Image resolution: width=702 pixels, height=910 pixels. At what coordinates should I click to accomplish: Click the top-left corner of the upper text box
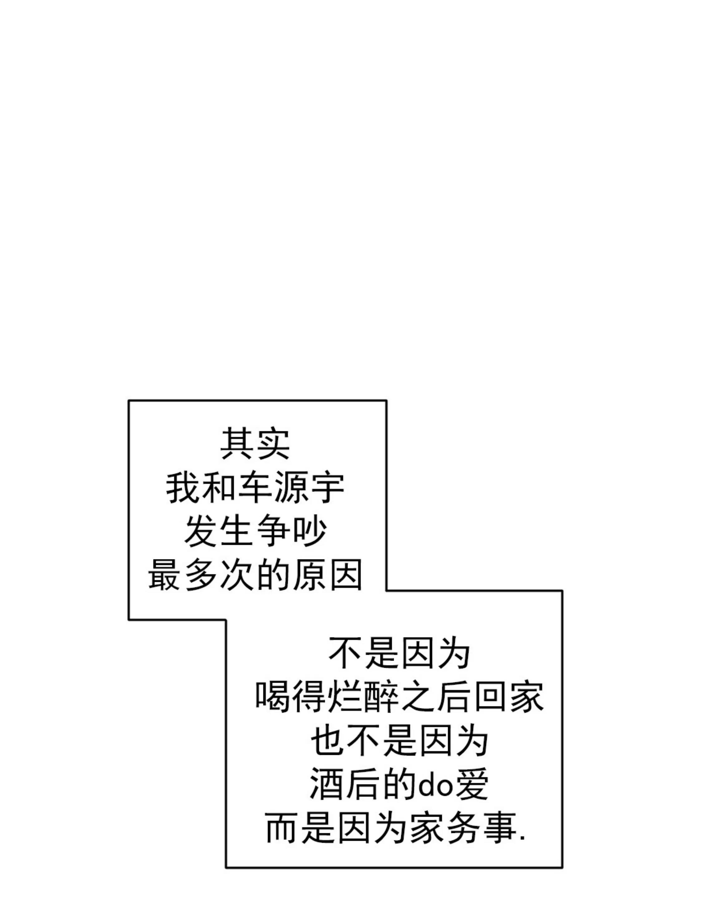(x=129, y=401)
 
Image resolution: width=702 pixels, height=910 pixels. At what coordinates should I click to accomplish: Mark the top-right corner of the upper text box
(x=386, y=401)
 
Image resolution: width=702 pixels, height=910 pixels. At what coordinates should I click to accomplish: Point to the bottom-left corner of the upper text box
(x=129, y=620)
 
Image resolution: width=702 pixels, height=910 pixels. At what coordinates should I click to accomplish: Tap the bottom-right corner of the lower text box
(x=562, y=868)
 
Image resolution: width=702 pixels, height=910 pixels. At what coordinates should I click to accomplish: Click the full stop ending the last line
(x=523, y=838)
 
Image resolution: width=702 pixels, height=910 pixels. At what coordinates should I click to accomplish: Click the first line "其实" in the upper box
(x=255, y=444)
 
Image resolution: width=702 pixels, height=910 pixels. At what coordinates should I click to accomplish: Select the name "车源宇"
(x=291, y=489)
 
